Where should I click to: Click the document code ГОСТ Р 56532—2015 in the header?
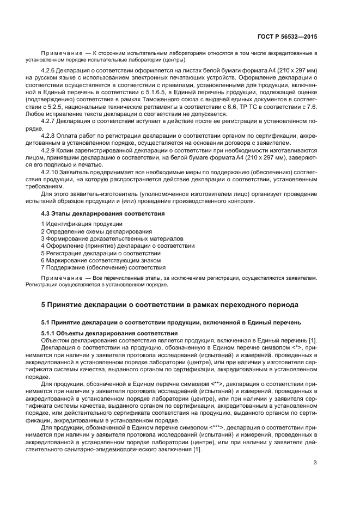[288, 36]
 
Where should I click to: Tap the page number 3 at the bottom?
[315, 463]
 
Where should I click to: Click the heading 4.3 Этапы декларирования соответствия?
[103, 214]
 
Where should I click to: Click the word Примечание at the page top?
[61, 53]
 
